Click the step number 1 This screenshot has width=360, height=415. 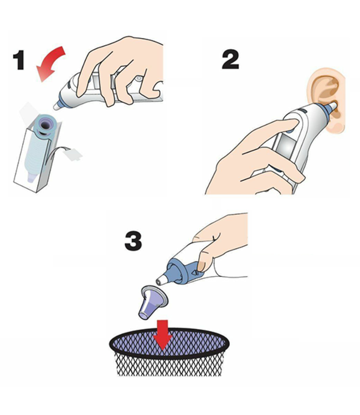pos(19,60)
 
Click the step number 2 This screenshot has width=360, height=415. pos(230,60)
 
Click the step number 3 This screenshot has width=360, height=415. pos(133,241)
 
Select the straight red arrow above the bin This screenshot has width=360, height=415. pos(163,334)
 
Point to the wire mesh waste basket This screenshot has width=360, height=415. pos(169,351)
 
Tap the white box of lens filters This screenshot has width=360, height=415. pos(38,156)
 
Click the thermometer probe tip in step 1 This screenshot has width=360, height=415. pos(56,106)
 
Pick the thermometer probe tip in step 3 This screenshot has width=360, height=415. pos(161,280)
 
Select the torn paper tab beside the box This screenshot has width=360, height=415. pos(73,155)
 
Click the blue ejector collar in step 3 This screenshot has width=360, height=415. pos(183,270)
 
